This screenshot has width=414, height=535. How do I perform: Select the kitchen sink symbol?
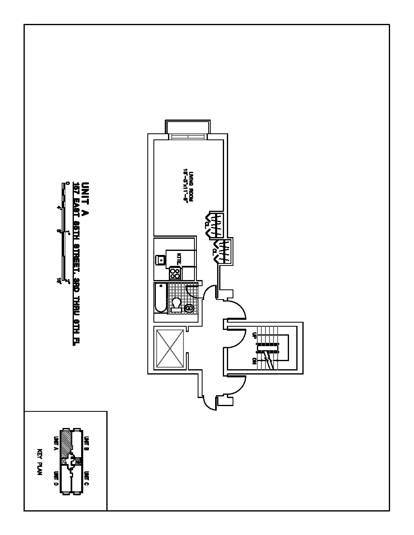click(161, 259)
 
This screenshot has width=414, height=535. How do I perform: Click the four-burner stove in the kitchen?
click(175, 272)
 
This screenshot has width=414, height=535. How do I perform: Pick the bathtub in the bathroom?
click(161, 298)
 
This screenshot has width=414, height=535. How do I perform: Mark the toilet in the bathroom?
click(176, 304)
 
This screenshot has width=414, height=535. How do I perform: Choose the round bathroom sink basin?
click(189, 309)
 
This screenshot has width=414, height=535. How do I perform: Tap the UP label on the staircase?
click(254, 335)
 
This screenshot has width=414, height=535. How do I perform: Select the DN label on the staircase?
click(254, 360)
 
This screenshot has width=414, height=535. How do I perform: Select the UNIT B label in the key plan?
click(86, 443)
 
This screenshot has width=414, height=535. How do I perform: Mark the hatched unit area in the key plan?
click(65, 443)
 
